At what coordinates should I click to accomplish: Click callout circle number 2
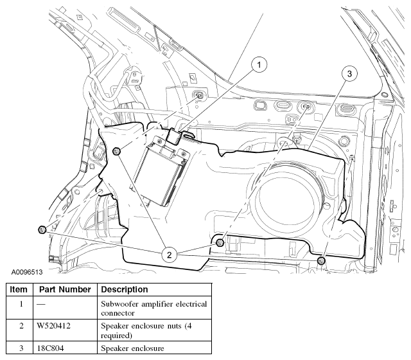pos(170,255)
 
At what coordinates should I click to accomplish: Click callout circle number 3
pos(349,74)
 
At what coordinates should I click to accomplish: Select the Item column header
pos(19,290)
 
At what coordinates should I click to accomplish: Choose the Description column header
pos(125,290)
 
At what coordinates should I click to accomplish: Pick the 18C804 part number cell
pos(51,348)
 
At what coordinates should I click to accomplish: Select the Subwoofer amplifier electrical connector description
pos(153,309)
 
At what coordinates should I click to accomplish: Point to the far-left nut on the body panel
pos(41,229)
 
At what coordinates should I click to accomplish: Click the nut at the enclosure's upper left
pos(116,151)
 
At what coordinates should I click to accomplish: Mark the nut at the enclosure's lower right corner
pos(321,260)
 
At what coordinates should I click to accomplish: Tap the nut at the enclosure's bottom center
pos(220,242)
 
